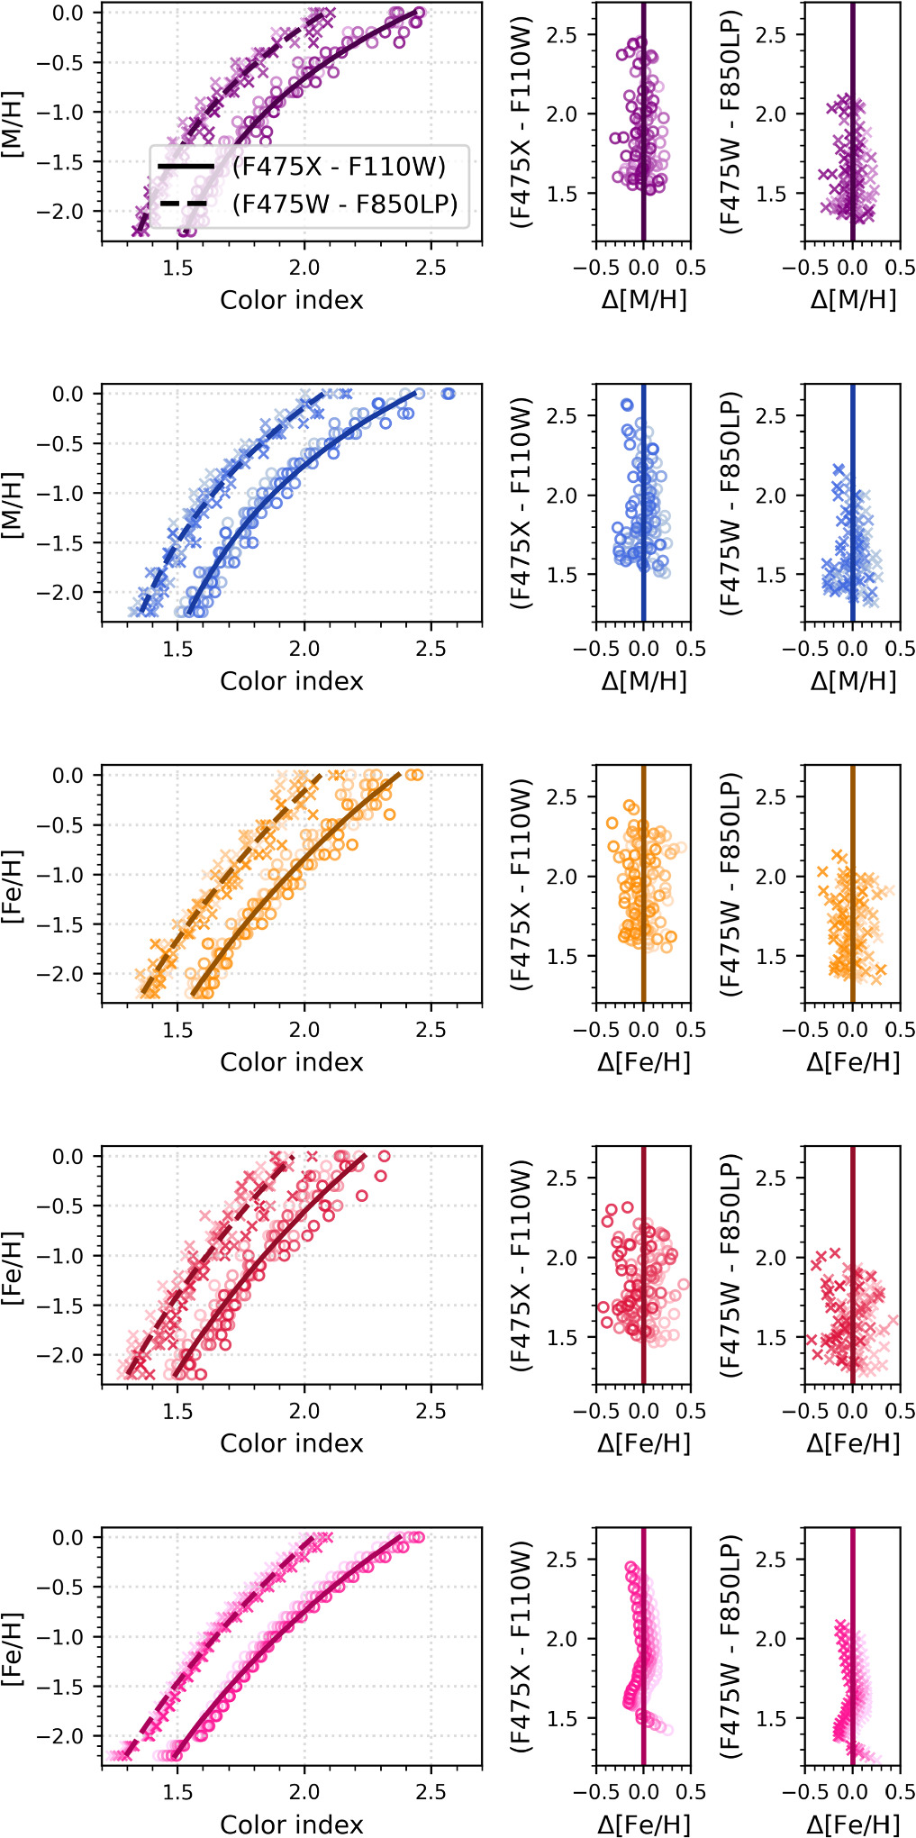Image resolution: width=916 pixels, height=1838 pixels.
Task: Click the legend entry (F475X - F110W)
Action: pos(339,167)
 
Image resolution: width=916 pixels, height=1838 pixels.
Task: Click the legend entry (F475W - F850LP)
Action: pos(345,205)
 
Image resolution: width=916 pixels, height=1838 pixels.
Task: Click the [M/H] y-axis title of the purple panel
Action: pos(13,123)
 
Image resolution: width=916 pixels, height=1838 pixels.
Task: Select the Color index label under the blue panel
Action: pos(291,681)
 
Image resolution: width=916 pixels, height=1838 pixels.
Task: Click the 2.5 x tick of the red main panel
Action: pos(431,1410)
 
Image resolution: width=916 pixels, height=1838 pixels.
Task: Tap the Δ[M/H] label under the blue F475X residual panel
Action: pos(643,681)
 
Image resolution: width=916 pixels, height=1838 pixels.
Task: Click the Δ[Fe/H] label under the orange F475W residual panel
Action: pos(852,1062)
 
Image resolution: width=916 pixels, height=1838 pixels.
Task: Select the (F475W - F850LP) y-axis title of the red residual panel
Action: pos(730,1265)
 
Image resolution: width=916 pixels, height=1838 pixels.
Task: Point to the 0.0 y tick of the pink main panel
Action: pos(67,1537)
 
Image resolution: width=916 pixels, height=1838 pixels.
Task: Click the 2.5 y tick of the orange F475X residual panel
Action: pos(563,796)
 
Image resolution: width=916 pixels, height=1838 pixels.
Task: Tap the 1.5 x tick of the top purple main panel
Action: pos(177,268)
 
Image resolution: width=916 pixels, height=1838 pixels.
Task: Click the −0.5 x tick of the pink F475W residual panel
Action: pos(797,1791)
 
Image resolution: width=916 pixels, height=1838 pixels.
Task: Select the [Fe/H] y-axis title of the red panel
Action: pos(13,1267)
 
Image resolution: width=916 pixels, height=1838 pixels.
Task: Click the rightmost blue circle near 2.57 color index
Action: pos(448,394)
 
